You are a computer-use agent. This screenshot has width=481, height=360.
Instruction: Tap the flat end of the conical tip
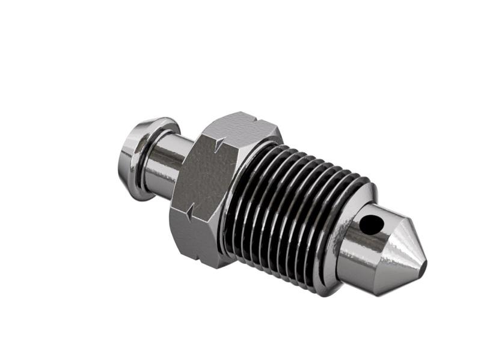[423, 264]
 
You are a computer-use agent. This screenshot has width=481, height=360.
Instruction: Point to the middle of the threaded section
[289, 204]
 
